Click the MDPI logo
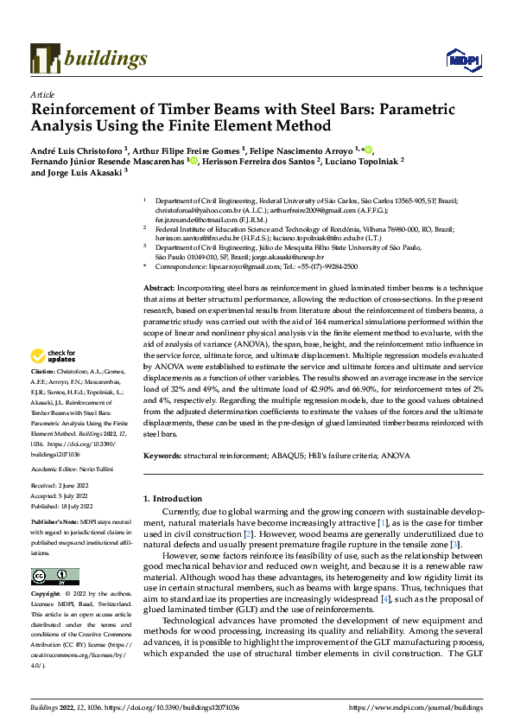tap(460, 59)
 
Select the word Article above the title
tap(42, 94)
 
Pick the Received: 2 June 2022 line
tap(60, 489)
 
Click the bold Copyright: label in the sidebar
tap(48, 595)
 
